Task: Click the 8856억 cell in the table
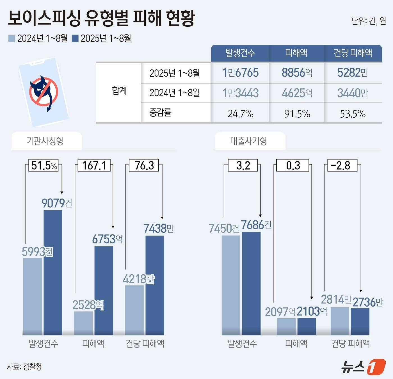pyautogui.click(x=297, y=73)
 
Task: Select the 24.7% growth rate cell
pyautogui.click(x=240, y=114)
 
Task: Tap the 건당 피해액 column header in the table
pyautogui.click(x=353, y=53)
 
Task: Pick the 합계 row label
pyautogui.click(x=119, y=91)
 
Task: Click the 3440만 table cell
pyautogui.click(x=353, y=93)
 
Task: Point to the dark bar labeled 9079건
pyautogui.click(x=53, y=272)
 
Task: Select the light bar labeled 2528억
pyautogui.click(x=83, y=323)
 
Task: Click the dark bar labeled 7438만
pyautogui.click(x=155, y=285)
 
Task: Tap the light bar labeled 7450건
pyautogui.click(x=231, y=285)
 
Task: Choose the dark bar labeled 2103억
pyautogui.click(x=307, y=326)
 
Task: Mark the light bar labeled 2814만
pyautogui.click(x=340, y=321)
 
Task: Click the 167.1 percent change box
pyautogui.click(x=94, y=165)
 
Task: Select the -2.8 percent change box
pyautogui.click(x=342, y=165)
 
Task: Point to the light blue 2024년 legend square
pyautogui.click(x=12, y=38)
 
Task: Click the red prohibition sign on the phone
pyautogui.click(x=44, y=92)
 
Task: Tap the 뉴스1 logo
pyautogui.click(x=363, y=366)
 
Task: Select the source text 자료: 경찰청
pyautogui.click(x=24, y=367)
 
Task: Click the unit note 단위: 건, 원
pyautogui.click(x=368, y=21)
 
